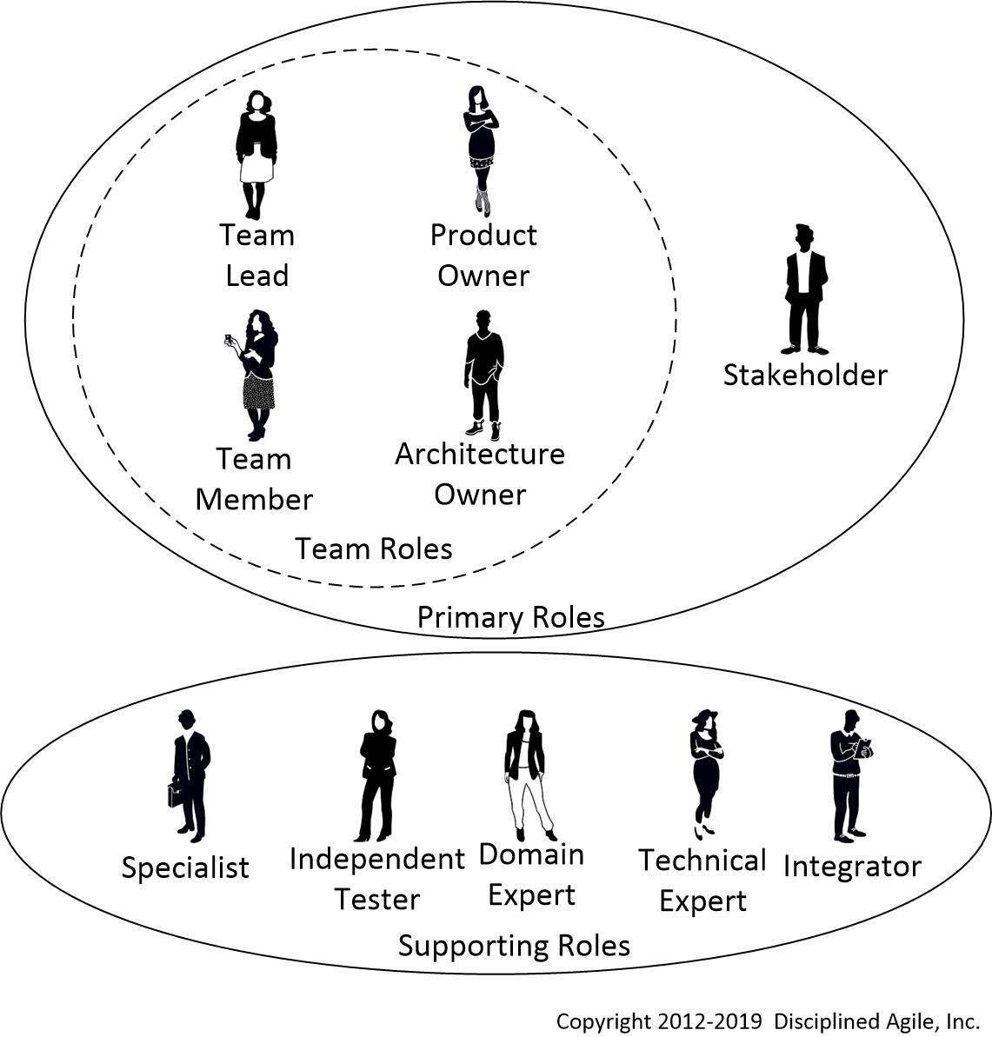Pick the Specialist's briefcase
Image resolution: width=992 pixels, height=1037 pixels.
click(176, 793)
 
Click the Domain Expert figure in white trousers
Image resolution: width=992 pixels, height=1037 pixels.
click(527, 774)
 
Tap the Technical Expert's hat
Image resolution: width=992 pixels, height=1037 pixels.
click(705, 716)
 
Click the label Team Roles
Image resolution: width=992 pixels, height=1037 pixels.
click(373, 549)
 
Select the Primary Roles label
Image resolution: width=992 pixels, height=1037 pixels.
click(510, 617)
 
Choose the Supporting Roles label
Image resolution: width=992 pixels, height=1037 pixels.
click(514, 946)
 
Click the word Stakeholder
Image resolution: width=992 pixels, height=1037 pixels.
click(805, 376)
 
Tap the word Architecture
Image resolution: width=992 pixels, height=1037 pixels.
click(480, 454)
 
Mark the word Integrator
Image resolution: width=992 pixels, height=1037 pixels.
click(852, 867)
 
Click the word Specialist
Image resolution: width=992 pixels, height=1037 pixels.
click(185, 867)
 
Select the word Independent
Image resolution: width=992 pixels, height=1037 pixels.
click(376, 859)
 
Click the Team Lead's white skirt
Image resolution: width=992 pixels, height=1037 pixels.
click(256, 169)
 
